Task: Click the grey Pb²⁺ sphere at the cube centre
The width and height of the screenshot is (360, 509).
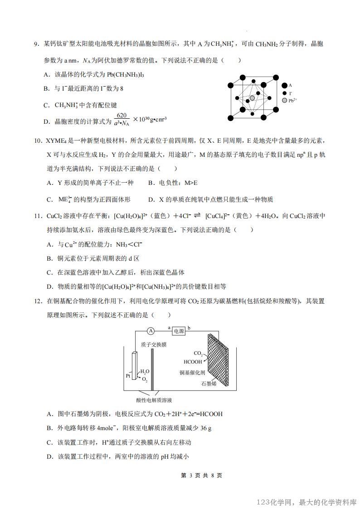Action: point(253,98)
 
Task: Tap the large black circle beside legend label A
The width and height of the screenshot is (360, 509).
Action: point(284,85)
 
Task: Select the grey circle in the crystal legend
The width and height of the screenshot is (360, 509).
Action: point(284,100)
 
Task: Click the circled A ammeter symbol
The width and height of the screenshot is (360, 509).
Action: point(151,330)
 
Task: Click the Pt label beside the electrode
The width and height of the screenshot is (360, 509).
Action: point(128,376)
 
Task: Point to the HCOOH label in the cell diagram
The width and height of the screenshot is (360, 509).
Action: point(193,362)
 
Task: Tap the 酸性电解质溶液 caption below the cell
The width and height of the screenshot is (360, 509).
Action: point(154,400)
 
